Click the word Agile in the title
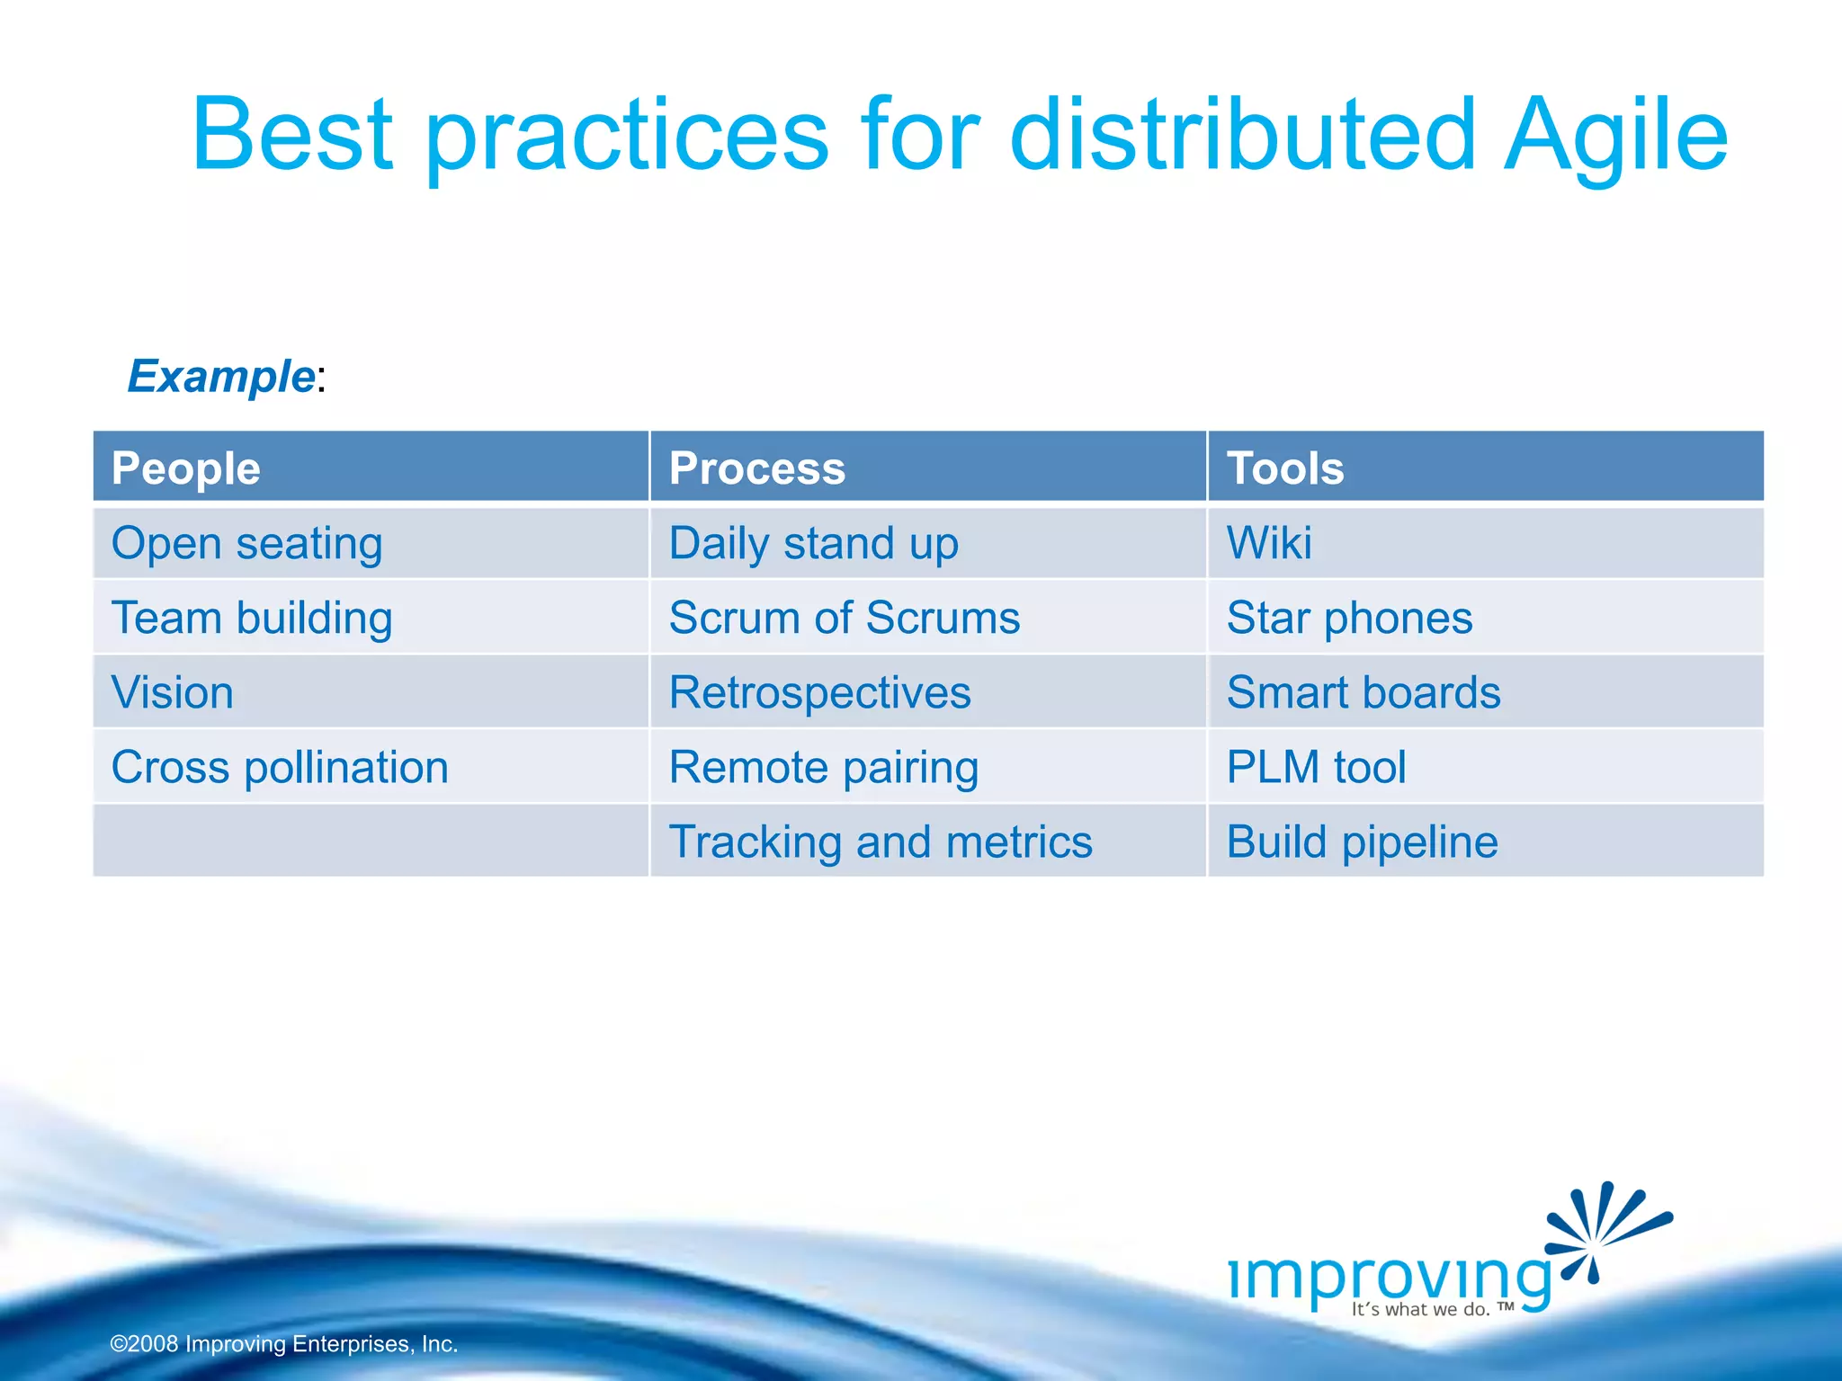point(1614,137)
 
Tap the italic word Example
point(221,376)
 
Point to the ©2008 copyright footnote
point(284,1344)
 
